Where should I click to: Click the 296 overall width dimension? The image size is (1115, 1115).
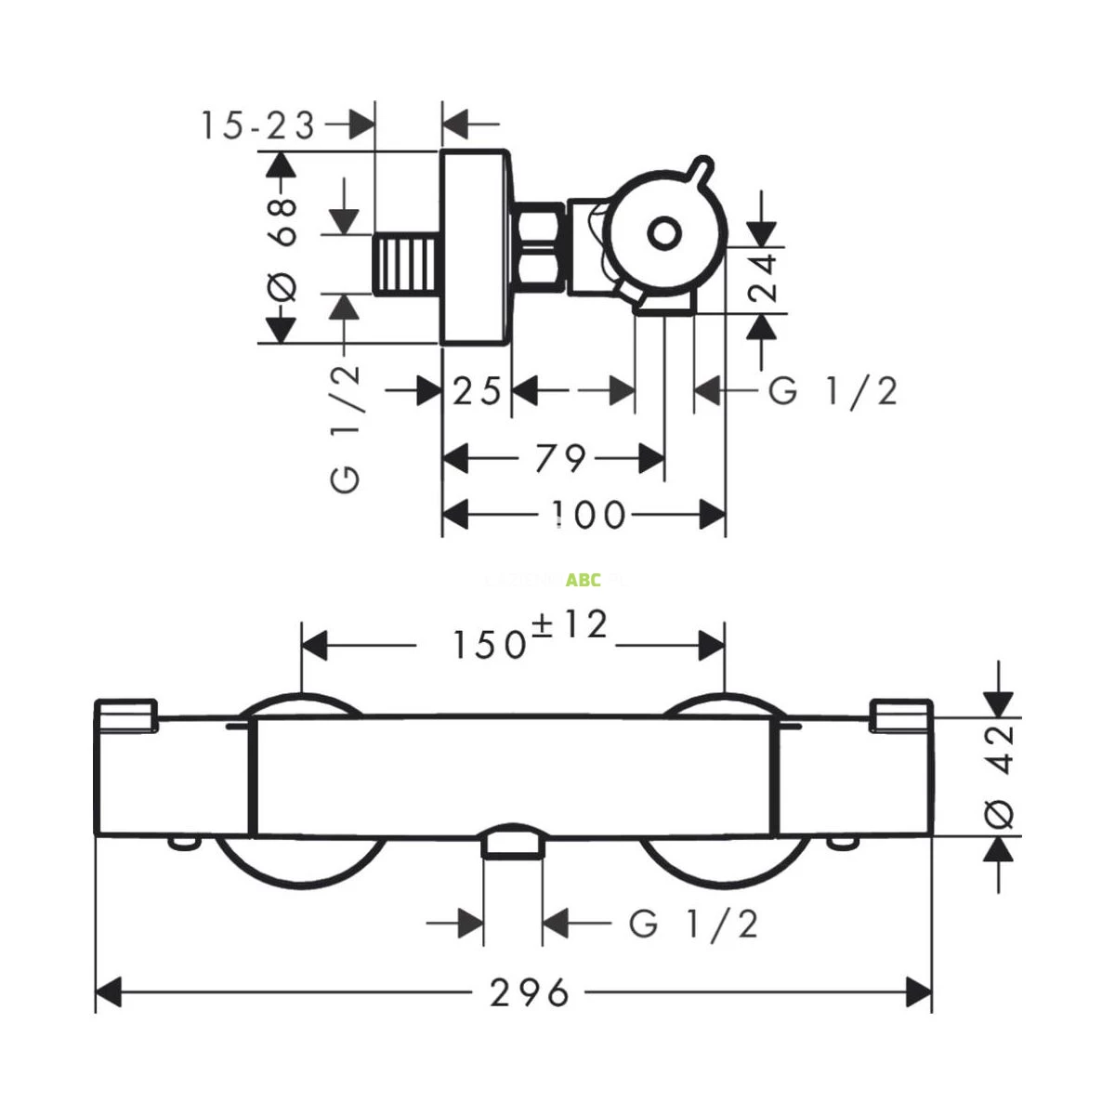coord(530,993)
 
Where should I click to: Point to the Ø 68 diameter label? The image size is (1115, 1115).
coord(282,248)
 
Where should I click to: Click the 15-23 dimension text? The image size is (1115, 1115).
coord(258,125)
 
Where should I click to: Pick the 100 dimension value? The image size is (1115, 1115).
coord(588,514)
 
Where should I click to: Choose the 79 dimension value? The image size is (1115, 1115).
coord(560,458)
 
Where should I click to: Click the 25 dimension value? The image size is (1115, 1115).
coord(477,391)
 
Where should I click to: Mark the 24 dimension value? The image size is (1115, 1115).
coord(764,278)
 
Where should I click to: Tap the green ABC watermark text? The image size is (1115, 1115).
coord(584,581)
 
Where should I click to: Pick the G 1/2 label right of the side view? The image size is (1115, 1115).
coord(833,391)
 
